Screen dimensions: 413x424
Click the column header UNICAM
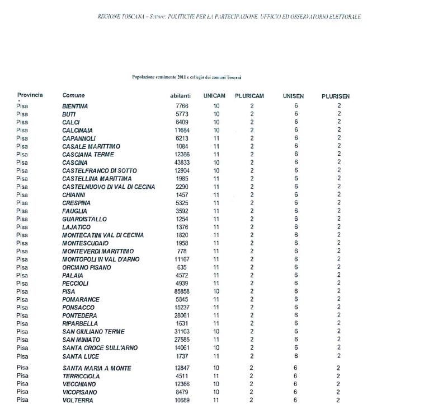tap(215, 96)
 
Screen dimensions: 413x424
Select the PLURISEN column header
tap(336, 96)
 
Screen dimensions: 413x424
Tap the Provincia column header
tap(30, 95)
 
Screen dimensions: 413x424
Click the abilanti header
tap(180, 96)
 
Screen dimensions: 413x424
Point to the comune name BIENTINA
tap(75, 106)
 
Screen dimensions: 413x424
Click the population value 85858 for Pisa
tap(182, 291)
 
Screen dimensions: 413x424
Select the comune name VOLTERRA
tap(78, 400)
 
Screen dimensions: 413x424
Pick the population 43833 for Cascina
tap(182, 163)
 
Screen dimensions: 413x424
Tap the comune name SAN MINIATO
tap(81, 340)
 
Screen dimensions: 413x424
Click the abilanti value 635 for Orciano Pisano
tap(185, 267)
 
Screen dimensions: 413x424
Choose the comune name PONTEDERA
tap(79, 315)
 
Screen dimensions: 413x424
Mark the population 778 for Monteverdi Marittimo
tap(185, 251)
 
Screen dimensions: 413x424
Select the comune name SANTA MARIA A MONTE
tap(97, 368)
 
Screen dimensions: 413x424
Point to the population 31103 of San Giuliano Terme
tap(182, 332)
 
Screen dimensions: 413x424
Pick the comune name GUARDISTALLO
tap(84, 219)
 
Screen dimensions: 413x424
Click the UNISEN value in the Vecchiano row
tap(296, 384)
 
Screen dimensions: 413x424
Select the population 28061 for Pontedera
tap(182, 315)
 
